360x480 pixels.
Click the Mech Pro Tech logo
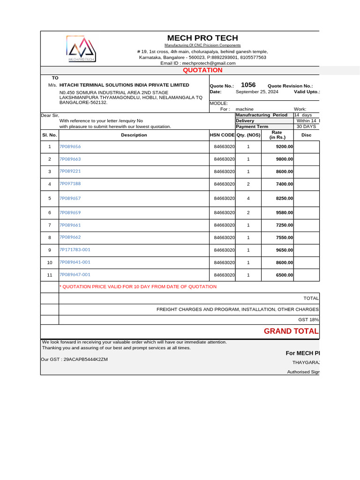pyautogui.click(x=81, y=49)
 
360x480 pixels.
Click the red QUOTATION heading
pyautogui.click(x=202, y=70)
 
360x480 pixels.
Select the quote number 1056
pyautogui.click(x=248, y=85)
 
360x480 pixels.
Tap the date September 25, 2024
pyautogui.click(x=257, y=92)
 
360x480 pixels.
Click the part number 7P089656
pyautogui.click(x=70, y=147)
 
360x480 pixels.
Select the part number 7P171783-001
pyautogui.click(x=75, y=250)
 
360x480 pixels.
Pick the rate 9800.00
pyautogui.click(x=284, y=159)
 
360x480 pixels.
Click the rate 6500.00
pyautogui.click(x=284, y=275)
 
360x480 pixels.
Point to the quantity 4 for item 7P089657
pyautogui.click(x=248, y=199)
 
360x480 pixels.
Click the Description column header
pyautogui.click(x=134, y=135)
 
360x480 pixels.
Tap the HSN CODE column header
pyautogui.click(x=222, y=135)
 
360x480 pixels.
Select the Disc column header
pyautogui.click(x=306, y=135)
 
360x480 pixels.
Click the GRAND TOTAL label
pyautogui.click(x=291, y=331)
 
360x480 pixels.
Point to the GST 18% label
pyautogui.click(x=308, y=320)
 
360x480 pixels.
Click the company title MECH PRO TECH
pyautogui.click(x=202, y=38)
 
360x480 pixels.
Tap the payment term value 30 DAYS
pyautogui.click(x=306, y=127)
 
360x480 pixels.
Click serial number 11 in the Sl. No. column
pyautogui.click(x=49, y=275)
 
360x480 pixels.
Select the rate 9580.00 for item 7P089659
pyautogui.click(x=284, y=213)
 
